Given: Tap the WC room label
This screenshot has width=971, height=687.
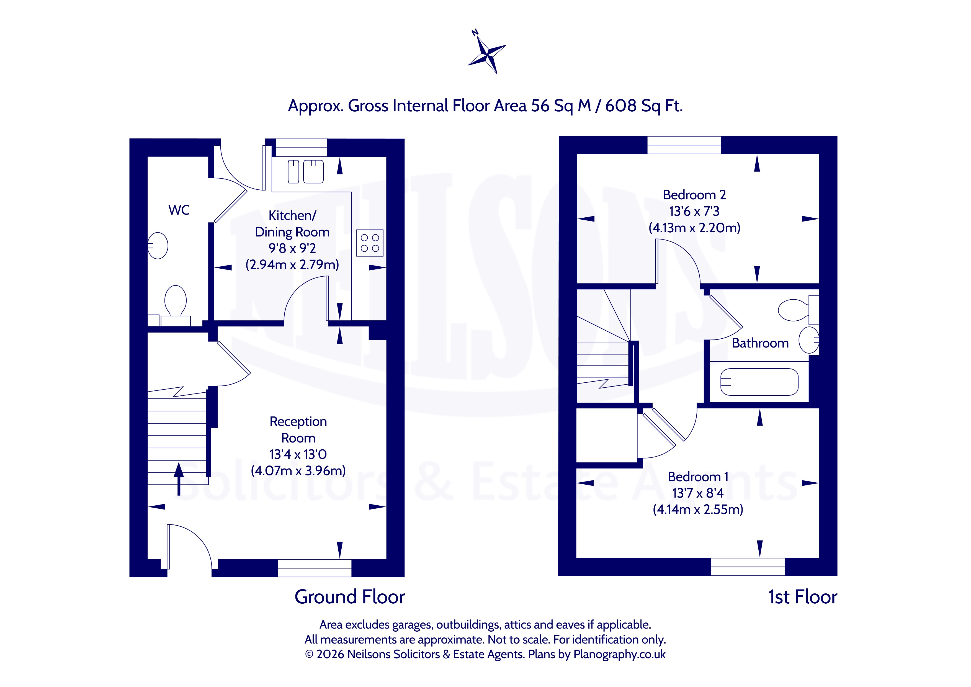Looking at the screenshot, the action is click(179, 210).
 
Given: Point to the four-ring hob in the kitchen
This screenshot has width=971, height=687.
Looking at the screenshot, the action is click(370, 243).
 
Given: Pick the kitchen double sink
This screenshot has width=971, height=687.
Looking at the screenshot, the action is click(305, 171).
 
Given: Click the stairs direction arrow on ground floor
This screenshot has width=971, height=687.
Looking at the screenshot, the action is click(179, 478).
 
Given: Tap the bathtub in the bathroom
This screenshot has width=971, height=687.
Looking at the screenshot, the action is click(759, 382).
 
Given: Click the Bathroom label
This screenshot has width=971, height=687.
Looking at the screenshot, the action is click(760, 343).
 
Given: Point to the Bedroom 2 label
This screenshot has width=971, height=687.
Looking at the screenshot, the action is click(694, 195).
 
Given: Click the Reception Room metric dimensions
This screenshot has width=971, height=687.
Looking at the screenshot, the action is click(298, 470).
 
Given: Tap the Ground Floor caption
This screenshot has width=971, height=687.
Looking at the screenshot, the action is click(350, 597).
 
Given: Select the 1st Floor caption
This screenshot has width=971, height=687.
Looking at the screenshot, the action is click(803, 597).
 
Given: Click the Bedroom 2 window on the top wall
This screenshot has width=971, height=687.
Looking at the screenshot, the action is click(684, 145).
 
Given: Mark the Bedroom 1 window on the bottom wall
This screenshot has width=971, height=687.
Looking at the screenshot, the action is click(748, 567).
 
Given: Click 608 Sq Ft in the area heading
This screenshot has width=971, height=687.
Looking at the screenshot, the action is click(644, 106).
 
